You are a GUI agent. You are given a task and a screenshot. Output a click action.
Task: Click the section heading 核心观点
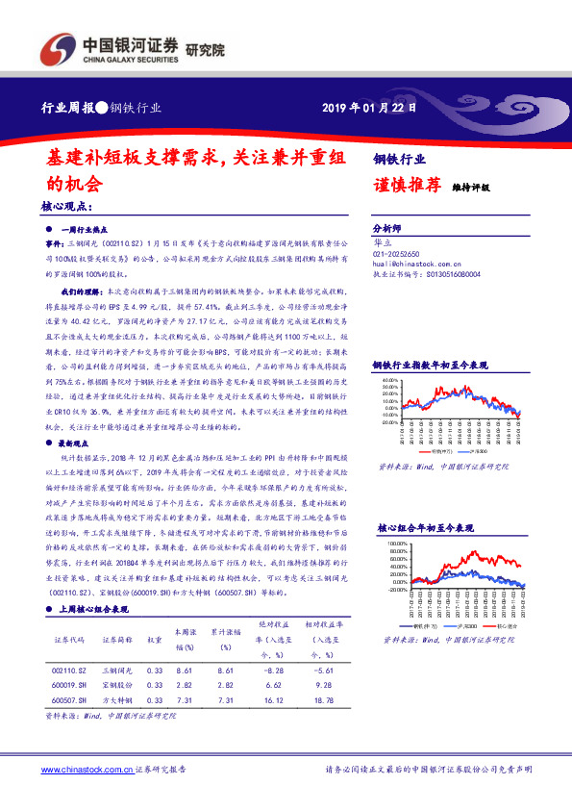[x=66, y=205]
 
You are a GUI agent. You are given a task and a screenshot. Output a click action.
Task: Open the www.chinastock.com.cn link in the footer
[x=85, y=770]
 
